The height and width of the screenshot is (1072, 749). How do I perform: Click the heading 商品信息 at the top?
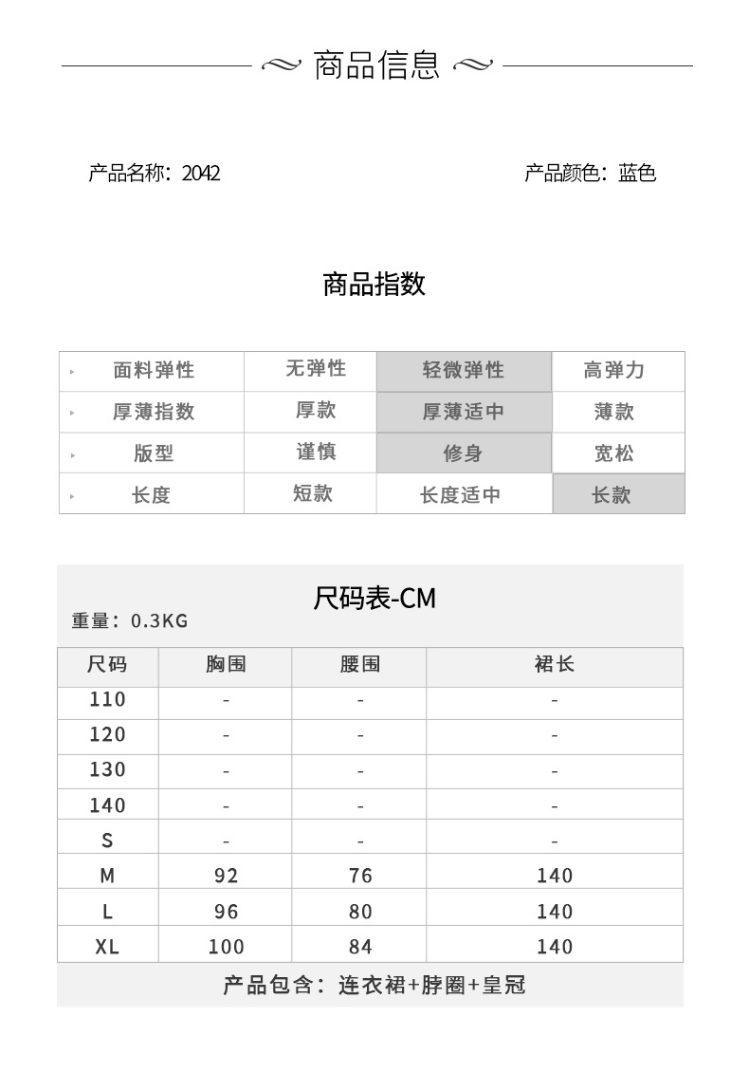[x=376, y=65]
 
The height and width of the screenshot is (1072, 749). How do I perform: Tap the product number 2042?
[x=200, y=174]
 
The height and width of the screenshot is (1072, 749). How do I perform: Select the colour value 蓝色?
[x=637, y=174]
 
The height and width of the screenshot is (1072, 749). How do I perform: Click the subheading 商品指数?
[x=374, y=284]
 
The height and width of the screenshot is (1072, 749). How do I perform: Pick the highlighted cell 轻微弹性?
[x=464, y=371]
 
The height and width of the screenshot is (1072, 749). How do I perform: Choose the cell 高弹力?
[x=613, y=371]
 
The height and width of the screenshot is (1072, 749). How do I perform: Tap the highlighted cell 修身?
[x=464, y=453]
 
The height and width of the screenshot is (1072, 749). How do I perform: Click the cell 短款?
[x=313, y=493]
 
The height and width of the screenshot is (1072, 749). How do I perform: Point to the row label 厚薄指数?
[x=154, y=412]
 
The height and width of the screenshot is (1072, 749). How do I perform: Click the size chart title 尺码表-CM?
[x=374, y=599]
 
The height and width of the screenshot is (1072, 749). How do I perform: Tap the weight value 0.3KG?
[x=159, y=621]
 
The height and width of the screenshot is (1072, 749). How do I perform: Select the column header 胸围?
[x=226, y=665]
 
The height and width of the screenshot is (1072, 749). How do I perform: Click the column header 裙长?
[x=555, y=665]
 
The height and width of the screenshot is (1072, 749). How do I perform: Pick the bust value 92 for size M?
[x=226, y=876]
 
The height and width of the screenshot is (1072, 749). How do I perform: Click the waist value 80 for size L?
[x=360, y=912]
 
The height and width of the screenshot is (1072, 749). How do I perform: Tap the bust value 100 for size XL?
[x=226, y=947]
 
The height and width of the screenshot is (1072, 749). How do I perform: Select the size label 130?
[x=107, y=769]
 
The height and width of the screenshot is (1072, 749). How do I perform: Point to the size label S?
[x=107, y=841]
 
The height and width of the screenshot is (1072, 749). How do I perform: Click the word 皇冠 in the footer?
[x=503, y=986]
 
